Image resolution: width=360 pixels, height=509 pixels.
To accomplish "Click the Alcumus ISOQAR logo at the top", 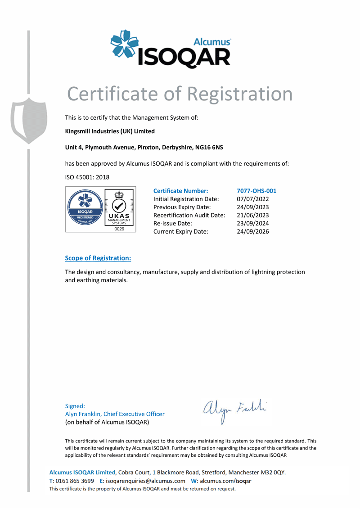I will pos(171,49).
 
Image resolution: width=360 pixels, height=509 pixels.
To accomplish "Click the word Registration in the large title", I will pos(239,94).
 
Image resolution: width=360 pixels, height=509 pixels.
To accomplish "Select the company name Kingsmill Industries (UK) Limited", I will pos(110,131).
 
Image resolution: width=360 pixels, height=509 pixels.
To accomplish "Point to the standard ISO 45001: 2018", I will pos(87,177).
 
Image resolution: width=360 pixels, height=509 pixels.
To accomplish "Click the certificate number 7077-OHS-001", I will pos(256,191).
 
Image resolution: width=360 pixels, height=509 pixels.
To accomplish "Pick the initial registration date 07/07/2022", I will pos(253,199).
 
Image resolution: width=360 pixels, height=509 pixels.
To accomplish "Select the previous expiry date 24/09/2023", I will pos(253,207).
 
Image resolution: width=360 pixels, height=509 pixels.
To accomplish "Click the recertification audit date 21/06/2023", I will pos(253,215).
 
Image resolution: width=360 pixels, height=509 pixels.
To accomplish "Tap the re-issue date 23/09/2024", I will pos(253,223).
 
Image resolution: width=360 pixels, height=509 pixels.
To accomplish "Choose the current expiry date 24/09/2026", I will pos(253,231).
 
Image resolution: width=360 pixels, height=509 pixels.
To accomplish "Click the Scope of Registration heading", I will pos(98,258).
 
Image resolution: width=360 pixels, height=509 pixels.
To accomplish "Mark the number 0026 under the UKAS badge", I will pos(119,229).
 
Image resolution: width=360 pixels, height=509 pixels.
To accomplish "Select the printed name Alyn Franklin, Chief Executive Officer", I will pos(115,414).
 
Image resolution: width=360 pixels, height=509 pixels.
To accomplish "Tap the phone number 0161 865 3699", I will pos(75,481).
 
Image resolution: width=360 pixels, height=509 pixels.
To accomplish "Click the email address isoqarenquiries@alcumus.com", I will pos(145,481).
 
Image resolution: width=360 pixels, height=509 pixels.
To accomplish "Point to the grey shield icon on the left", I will pos(29,120).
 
